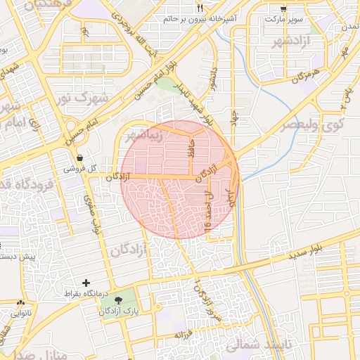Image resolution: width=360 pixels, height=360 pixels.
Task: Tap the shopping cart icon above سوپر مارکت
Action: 283,8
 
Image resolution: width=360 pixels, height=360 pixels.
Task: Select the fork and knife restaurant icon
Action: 200,8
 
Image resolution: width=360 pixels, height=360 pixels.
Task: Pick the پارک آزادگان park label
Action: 120,309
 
